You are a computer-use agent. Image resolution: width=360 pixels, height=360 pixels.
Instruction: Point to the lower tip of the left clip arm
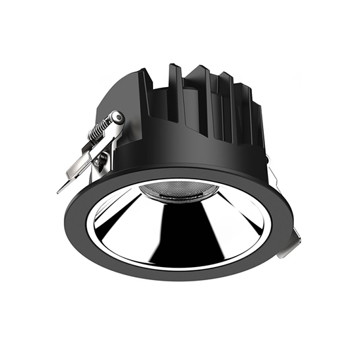60,190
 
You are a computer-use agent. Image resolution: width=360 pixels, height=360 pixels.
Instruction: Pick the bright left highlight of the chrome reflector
124,223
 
